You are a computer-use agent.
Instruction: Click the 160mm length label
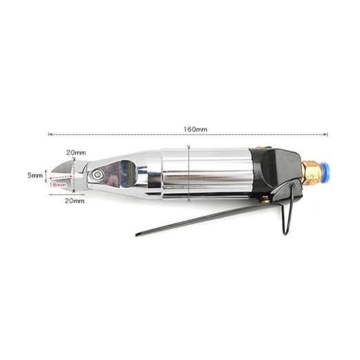click(x=195, y=130)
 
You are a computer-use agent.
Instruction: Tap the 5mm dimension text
click(x=35, y=175)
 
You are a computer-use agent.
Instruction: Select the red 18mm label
click(x=57, y=184)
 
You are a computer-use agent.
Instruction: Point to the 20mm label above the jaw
click(x=76, y=152)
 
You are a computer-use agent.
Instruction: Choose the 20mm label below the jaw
click(x=74, y=201)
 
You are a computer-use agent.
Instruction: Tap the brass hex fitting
click(x=310, y=173)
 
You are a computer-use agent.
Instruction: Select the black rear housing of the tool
click(x=276, y=172)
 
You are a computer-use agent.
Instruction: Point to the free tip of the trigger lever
click(x=137, y=234)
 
